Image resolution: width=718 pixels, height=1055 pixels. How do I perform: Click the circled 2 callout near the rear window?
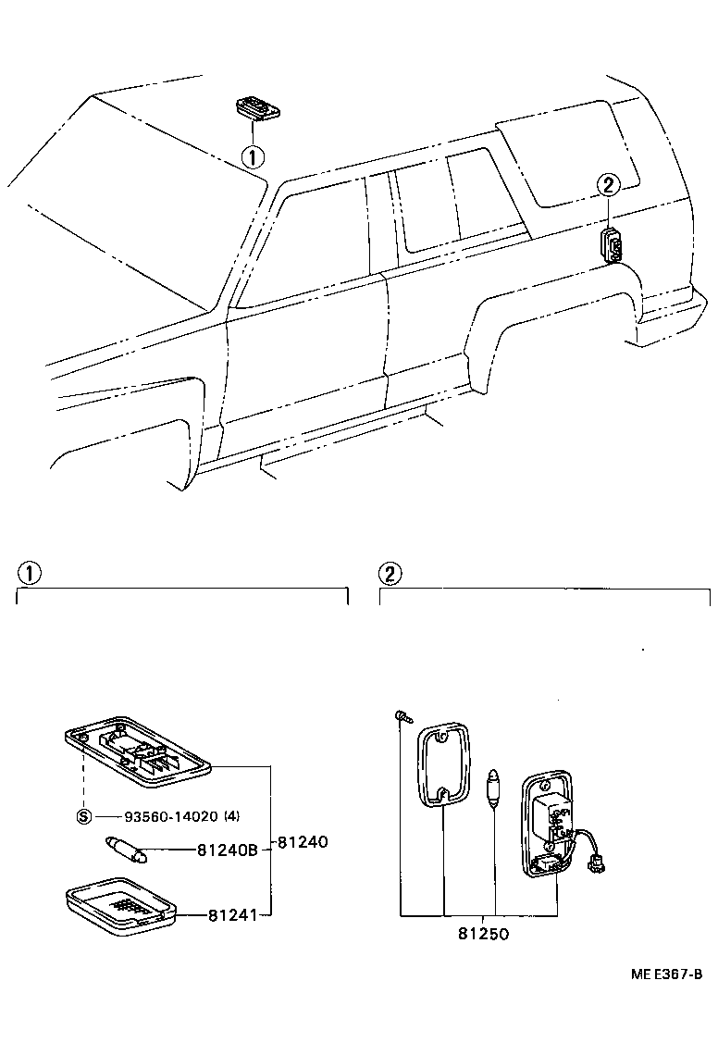click(607, 186)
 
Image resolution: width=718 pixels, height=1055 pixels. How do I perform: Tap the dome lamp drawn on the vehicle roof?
click(256, 108)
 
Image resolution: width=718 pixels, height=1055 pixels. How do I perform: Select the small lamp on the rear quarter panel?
click(612, 244)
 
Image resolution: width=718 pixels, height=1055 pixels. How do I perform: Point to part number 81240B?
click(227, 850)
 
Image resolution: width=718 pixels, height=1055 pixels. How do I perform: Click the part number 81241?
click(230, 915)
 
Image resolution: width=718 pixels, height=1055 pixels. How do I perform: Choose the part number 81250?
click(482, 934)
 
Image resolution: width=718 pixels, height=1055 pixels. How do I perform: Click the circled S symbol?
click(83, 816)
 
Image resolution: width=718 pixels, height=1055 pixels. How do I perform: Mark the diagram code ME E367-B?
click(667, 974)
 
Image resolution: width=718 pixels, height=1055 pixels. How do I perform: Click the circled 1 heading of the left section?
click(31, 573)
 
